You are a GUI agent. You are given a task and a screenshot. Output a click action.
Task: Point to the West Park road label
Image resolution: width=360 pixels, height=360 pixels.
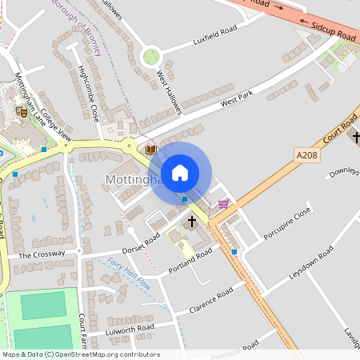pyautogui.click(x=237, y=101)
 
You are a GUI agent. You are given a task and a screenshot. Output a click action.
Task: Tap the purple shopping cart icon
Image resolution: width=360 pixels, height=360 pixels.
pyautogui.click(x=223, y=203)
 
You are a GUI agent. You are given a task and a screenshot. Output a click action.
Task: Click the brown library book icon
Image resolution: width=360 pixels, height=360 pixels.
pyautogui.click(x=150, y=149)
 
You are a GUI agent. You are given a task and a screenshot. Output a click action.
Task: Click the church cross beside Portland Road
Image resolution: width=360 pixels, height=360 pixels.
pyautogui.click(x=192, y=221)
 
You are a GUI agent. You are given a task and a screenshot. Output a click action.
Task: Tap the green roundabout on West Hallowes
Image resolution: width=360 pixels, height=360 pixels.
pyautogui.click(x=150, y=57)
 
